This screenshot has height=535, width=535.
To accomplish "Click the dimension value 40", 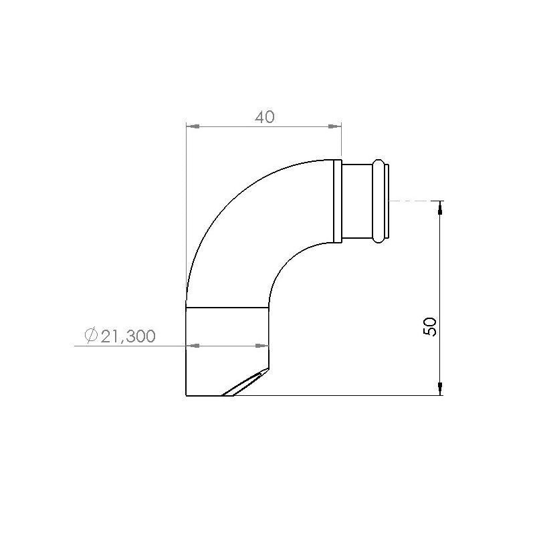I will point(265,117).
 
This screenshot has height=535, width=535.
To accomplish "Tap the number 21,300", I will point(128,336).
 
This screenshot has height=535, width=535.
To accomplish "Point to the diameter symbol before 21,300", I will point(92,336).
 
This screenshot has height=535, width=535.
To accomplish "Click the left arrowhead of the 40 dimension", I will point(191,125).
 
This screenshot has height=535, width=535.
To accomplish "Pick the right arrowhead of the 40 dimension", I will point(336,125).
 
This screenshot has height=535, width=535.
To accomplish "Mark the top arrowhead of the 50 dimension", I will point(439,207).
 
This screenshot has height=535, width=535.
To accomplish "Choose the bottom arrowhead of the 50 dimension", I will point(439,389).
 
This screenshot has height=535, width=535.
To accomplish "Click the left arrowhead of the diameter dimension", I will point(191,346).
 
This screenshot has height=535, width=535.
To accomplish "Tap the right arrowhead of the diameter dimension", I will point(263,346).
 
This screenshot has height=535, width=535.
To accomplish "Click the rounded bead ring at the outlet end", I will point(379,200).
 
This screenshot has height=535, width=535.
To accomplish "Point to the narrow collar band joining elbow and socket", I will point(338,200).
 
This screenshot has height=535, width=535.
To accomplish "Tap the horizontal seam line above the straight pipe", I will point(227,307).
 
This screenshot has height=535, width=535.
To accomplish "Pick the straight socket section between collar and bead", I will point(357,200).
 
